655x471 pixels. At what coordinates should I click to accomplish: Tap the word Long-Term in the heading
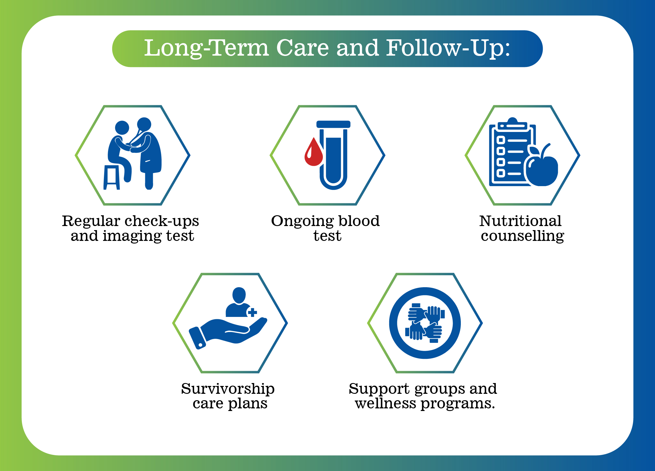tap(206, 49)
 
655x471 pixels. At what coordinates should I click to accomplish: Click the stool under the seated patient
tap(111, 177)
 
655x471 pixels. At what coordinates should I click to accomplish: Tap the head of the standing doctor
tap(144, 124)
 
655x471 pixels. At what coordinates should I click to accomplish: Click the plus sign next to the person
tap(252, 312)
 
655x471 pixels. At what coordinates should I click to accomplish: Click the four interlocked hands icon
tap(425, 323)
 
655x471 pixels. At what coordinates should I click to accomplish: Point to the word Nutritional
tap(521, 221)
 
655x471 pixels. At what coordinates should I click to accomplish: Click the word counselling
tap(523, 236)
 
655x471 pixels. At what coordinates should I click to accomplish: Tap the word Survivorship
tap(228, 389)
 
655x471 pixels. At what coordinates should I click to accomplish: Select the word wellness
tap(385, 404)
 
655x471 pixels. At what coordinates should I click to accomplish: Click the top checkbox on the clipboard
tap(501, 140)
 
